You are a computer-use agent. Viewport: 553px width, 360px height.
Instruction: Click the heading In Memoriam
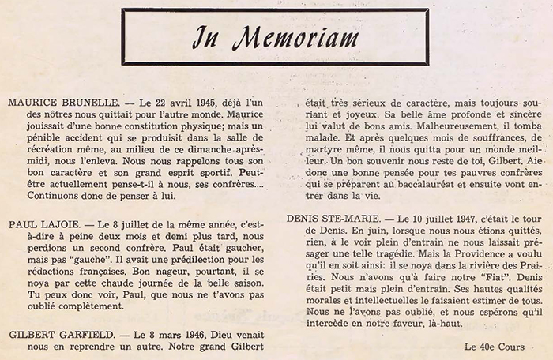276,38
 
